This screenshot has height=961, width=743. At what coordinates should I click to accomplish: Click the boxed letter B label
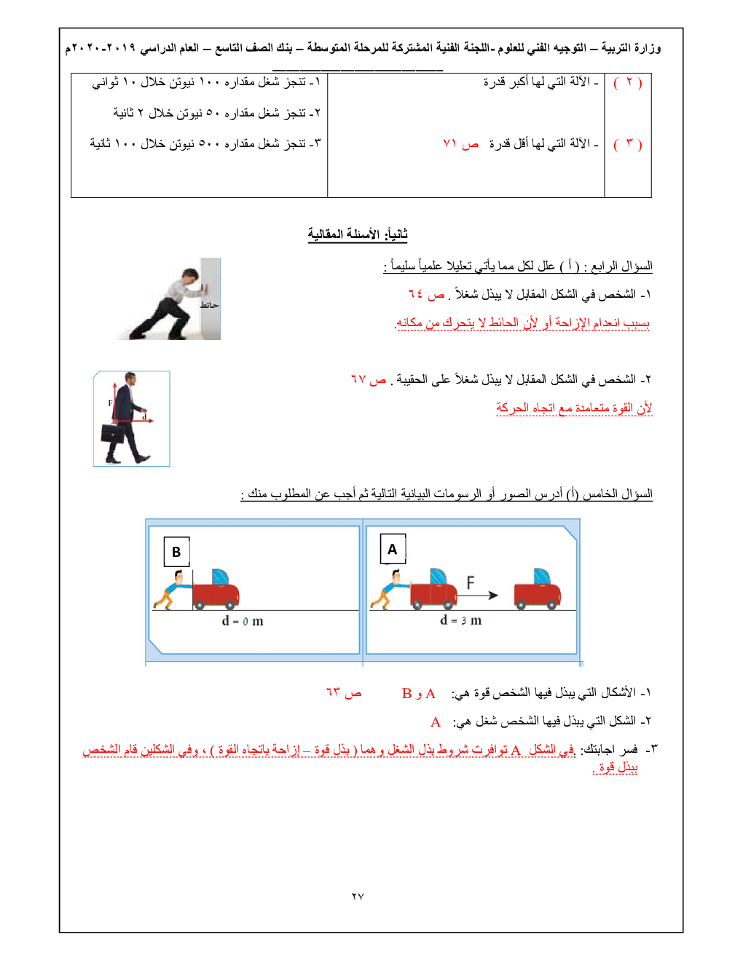(176, 552)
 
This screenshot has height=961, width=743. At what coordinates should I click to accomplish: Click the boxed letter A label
(393, 549)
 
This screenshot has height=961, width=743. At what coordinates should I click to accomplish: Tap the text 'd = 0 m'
(243, 621)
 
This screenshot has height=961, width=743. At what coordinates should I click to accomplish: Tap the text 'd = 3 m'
(460, 620)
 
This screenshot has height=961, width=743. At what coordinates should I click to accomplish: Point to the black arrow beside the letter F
(479, 596)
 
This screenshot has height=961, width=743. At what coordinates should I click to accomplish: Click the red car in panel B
(216, 590)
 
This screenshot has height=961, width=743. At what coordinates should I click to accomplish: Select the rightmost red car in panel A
(538, 589)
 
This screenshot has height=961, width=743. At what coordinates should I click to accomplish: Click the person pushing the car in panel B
(172, 590)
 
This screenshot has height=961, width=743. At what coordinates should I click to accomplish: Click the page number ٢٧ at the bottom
(358, 896)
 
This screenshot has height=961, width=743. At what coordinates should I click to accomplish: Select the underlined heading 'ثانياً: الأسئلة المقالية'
(357, 234)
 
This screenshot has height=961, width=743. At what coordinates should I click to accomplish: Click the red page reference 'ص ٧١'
(460, 144)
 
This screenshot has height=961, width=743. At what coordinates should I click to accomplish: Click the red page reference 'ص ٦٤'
(427, 294)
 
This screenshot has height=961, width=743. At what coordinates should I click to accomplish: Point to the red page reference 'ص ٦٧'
(369, 379)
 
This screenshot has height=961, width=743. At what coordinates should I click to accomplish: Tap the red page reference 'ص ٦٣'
(344, 692)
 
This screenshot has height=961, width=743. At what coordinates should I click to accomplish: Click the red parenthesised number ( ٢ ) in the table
(628, 82)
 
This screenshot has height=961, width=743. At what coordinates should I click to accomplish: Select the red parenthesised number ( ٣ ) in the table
(628, 144)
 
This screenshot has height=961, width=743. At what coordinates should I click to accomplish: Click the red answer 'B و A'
(419, 694)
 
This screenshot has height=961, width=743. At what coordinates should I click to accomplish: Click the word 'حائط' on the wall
(210, 305)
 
